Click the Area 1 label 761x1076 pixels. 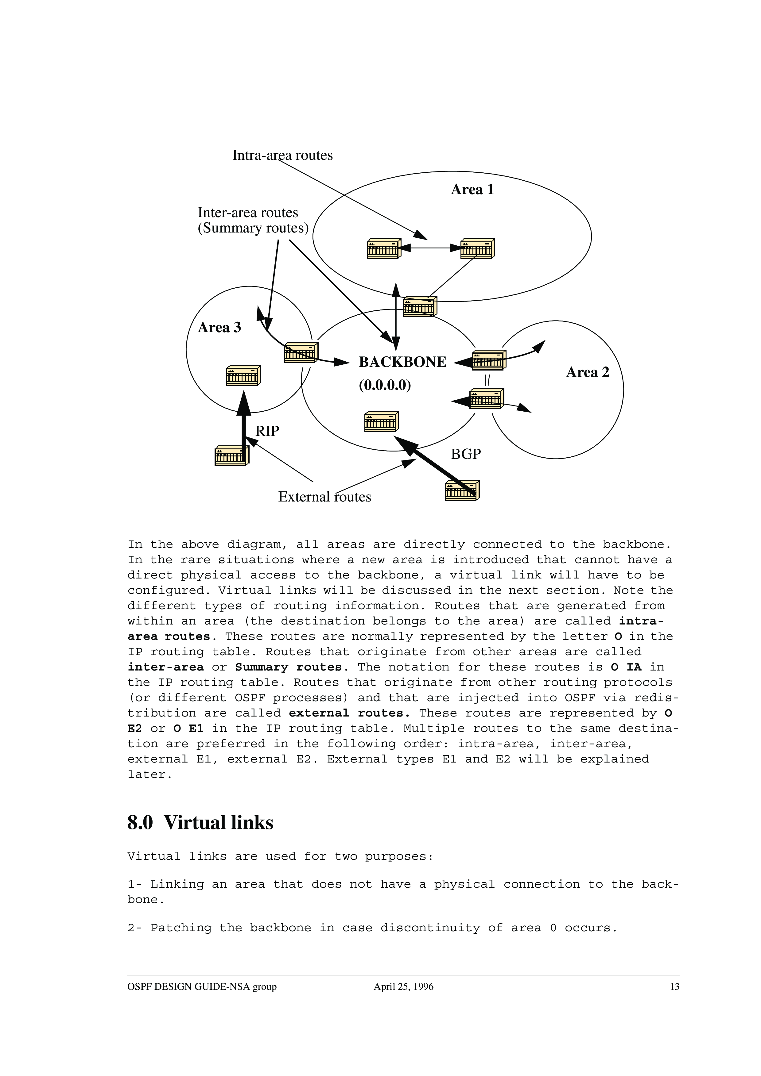(472, 190)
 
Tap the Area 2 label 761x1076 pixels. (588, 373)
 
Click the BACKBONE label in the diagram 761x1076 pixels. (402, 362)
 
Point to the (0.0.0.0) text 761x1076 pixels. (384, 385)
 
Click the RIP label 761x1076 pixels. (267, 431)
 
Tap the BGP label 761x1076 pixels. (466, 454)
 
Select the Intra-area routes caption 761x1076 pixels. (282, 156)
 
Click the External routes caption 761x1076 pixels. (324, 497)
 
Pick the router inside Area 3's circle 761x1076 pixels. (243, 375)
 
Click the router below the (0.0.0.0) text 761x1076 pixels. (381, 422)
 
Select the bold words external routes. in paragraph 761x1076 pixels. (349, 713)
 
